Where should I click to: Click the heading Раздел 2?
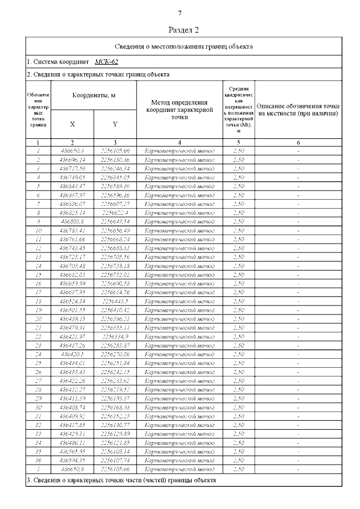coord(183,29)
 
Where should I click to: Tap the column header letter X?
coord(73,124)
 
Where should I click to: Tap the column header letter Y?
coord(115,124)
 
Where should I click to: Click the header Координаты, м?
coord(93,96)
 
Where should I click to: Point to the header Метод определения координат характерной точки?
coord(179,110)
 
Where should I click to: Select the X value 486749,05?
coord(71,177)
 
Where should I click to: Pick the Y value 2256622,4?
coord(115,213)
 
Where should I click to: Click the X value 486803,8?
coord(71,222)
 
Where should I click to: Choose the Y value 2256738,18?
coord(115,266)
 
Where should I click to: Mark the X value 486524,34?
coord(71,301)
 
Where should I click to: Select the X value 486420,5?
coord(71,354)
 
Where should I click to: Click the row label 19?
coord(38,310)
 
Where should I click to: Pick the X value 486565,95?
coord(71,452)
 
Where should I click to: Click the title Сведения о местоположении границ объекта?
coord(183,47)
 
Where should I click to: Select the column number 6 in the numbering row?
coord(298,143)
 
